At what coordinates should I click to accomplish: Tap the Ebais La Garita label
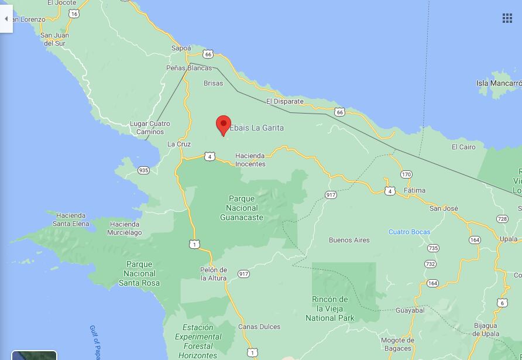click(x=257, y=128)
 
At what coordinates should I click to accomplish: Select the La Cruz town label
click(x=179, y=144)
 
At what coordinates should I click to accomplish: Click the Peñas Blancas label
click(x=189, y=68)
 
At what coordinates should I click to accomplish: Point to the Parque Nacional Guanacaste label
click(x=242, y=208)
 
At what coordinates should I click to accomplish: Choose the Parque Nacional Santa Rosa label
click(x=139, y=273)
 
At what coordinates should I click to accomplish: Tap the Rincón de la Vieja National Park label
click(x=330, y=308)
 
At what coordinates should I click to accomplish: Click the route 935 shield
click(x=143, y=170)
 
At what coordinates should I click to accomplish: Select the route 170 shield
click(x=407, y=174)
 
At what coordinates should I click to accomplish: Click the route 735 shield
click(x=432, y=248)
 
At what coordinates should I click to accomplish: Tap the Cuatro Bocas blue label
click(x=409, y=232)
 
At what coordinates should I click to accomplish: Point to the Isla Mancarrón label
click(x=499, y=83)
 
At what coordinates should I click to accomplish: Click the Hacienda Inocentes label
click(x=250, y=160)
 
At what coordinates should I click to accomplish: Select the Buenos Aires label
click(x=349, y=240)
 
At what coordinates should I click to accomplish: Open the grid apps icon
click(x=507, y=18)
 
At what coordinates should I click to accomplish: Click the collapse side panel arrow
click(x=6, y=19)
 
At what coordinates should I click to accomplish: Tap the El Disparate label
click(x=285, y=101)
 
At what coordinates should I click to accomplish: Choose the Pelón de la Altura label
click(x=214, y=274)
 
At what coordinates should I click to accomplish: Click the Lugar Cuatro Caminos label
click(x=150, y=128)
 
